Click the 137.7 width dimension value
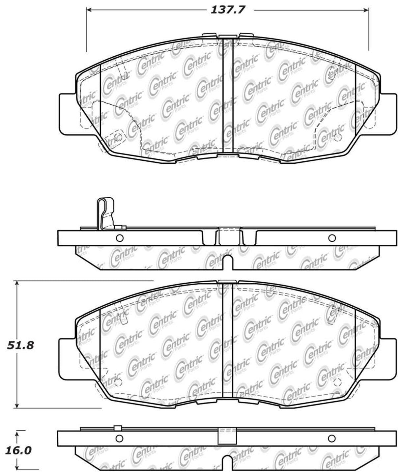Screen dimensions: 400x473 tap(228, 10)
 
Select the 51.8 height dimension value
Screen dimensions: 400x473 tap(21, 345)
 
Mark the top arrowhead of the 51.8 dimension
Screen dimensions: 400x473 tap(16, 284)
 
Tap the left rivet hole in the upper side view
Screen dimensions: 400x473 tap(120, 238)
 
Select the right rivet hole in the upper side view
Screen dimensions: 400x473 tap(332, 238)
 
